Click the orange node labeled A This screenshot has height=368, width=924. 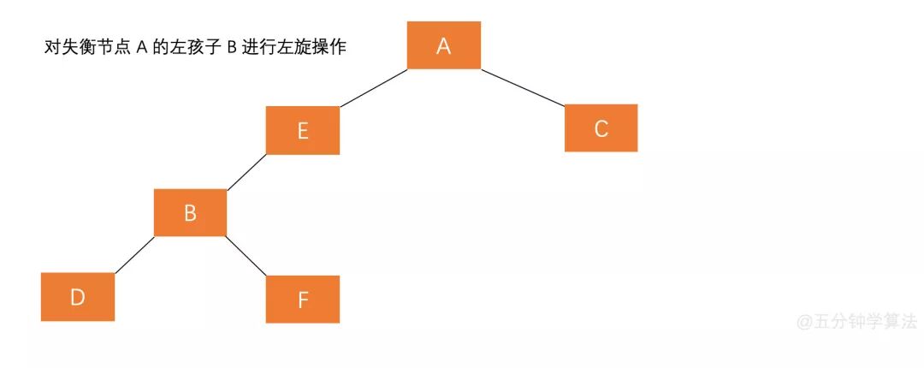pyautogui.click(x=443, y=45)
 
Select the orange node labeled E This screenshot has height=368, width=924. pyautogui.click(x=302, y=130)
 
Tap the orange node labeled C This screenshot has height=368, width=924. pyautogui.click(x=601, y=128)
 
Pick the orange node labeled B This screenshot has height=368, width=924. pyautogui.click(x=190, y=212)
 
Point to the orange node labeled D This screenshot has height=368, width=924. pyautogui.click(x=77, y=297)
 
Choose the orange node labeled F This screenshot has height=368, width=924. pyautogui.click(x=302, y=300)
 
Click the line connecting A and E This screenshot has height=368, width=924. pyautogui.click(x=373, y=87)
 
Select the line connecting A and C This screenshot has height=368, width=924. pyautogui.click(x=523, y=86)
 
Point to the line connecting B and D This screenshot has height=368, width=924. pyautogui.click(x=133, y=255)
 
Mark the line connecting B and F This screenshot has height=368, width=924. pyautogui.click(x=246, y=256)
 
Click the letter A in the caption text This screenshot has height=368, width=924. pyautogui.click(x=141, y=48)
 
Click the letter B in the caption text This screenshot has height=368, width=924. pyautogui.click(x=231, y=48)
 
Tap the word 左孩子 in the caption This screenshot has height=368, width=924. pyautogui.click(x=197, y=48)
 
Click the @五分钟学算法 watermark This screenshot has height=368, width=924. pyautogui.click(x=856, y=322)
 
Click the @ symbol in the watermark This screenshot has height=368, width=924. pyautogui.click(x=804, y=323)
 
